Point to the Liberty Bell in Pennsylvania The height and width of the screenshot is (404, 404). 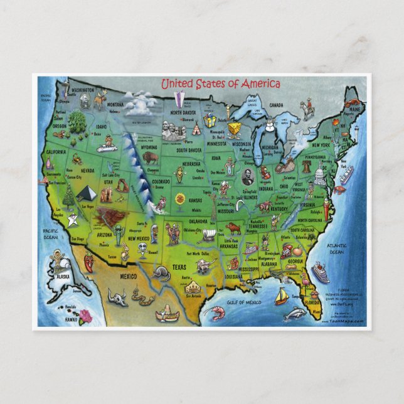(306, 166)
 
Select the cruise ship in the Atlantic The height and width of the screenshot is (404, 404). (321, 272)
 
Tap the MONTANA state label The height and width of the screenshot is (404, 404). (115, 104)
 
